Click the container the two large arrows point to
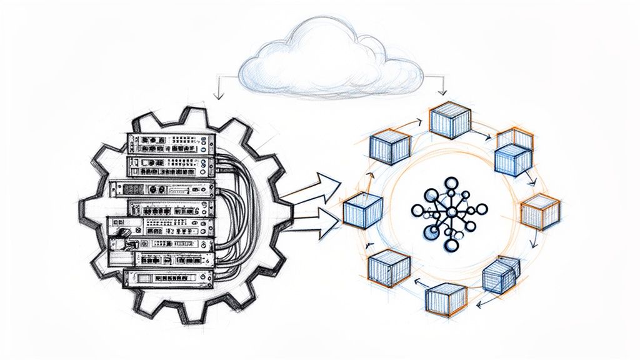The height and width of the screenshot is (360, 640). point(362,211)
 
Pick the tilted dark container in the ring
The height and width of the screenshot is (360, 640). point(501,274)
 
